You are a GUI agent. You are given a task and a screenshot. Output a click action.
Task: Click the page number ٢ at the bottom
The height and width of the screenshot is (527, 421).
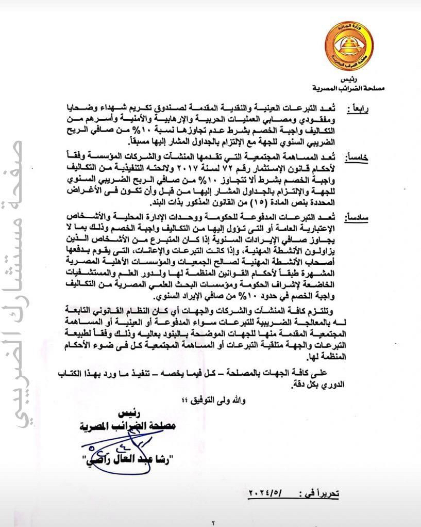click(212, 522)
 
